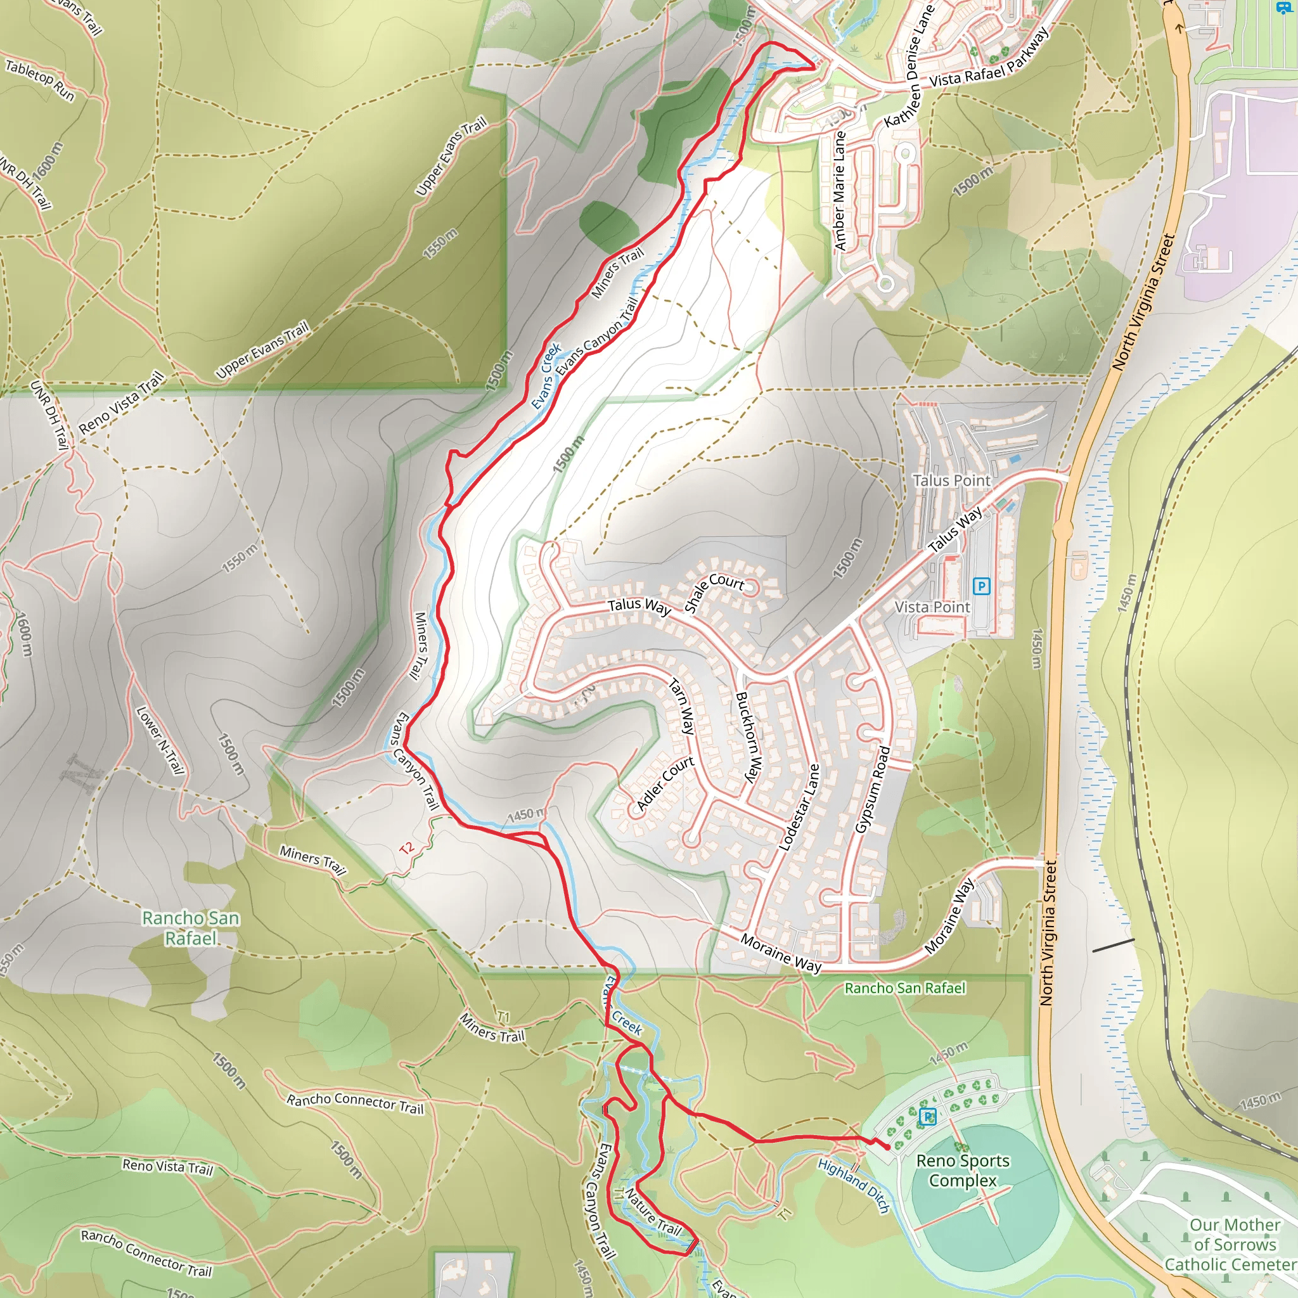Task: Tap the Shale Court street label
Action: [714, 592]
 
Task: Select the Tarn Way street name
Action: [681, 706]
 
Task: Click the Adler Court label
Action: [664, 783]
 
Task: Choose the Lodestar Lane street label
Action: [799, 807]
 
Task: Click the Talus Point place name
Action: [951, 480]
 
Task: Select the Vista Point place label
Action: [932, 607]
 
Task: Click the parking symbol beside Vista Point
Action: [981, 586]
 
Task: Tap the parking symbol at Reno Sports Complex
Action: [927, 1117]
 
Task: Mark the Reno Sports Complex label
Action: [963, 1171]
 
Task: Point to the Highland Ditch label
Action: [853, 1185]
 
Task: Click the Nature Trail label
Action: [652, 1211]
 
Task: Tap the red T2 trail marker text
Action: [406, 848]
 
